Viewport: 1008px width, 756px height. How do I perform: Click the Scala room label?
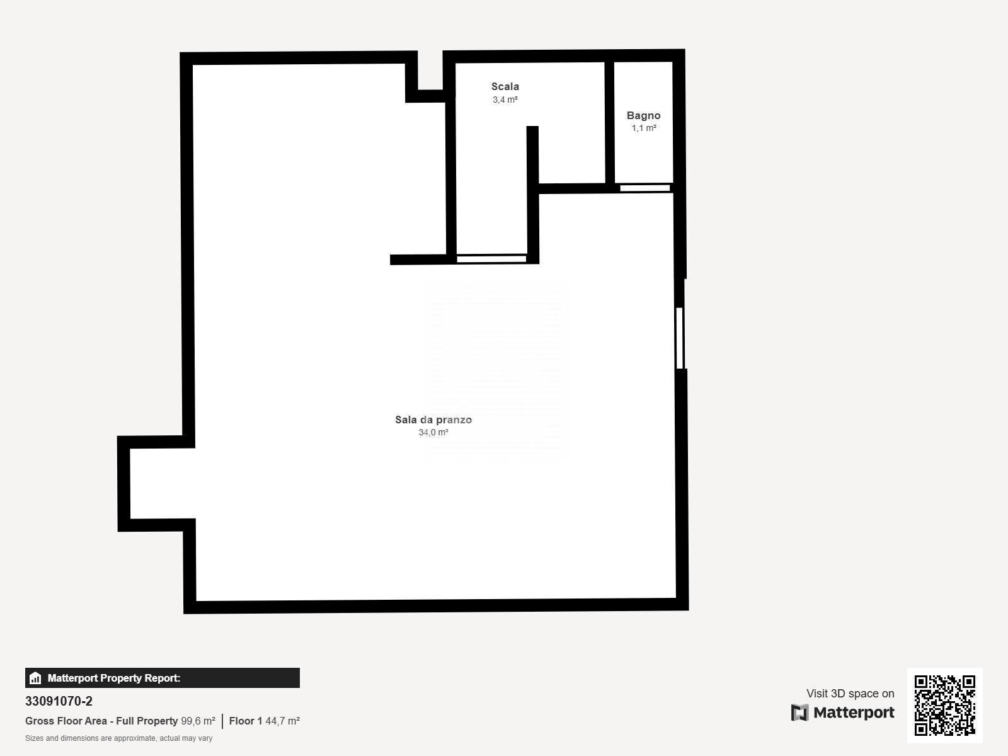point(505,86)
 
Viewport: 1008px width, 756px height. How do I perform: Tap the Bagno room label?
point(643,115)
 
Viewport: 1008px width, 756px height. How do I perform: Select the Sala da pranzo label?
point(433,420)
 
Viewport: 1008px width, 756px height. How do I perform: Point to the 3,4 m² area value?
point(505,100)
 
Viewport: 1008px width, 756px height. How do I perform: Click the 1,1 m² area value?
point(643,128)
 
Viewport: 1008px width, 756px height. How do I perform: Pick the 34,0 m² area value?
point(433,432)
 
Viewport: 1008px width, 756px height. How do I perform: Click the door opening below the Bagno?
point(644,188)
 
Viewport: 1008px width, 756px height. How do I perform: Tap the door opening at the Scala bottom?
point(491,259)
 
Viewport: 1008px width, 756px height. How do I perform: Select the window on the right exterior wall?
point(680,338)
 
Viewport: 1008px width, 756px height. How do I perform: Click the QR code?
point(944,705)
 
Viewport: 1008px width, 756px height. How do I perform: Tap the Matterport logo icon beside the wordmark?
point(799,713)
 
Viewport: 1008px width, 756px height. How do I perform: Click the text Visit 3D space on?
point(850,693)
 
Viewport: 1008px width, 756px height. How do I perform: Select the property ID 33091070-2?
point(59,701)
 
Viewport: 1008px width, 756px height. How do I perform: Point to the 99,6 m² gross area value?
point(198,721)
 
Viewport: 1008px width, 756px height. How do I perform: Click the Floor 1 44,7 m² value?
point(265,721)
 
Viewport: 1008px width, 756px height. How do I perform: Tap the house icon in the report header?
point(35,678)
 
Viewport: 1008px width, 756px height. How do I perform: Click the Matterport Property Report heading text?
point(114,678)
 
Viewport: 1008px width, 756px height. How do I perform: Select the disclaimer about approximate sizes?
point(118,738)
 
